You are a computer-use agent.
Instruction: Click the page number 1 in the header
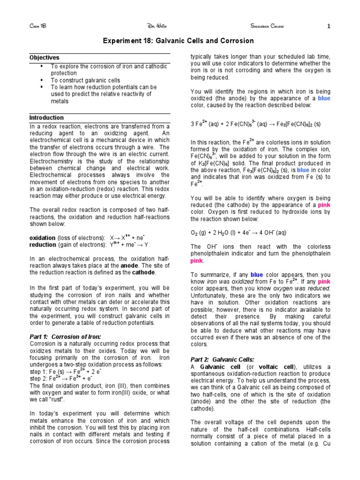click(329, 26)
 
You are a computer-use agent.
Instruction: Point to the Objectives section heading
click(45, 58)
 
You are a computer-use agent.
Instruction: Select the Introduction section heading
click(46, 118)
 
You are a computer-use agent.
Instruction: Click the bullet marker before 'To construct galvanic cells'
click(42, 80)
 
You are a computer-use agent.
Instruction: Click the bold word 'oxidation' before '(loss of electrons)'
click(43, 238)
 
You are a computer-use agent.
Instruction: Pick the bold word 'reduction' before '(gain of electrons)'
click(43, 245)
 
